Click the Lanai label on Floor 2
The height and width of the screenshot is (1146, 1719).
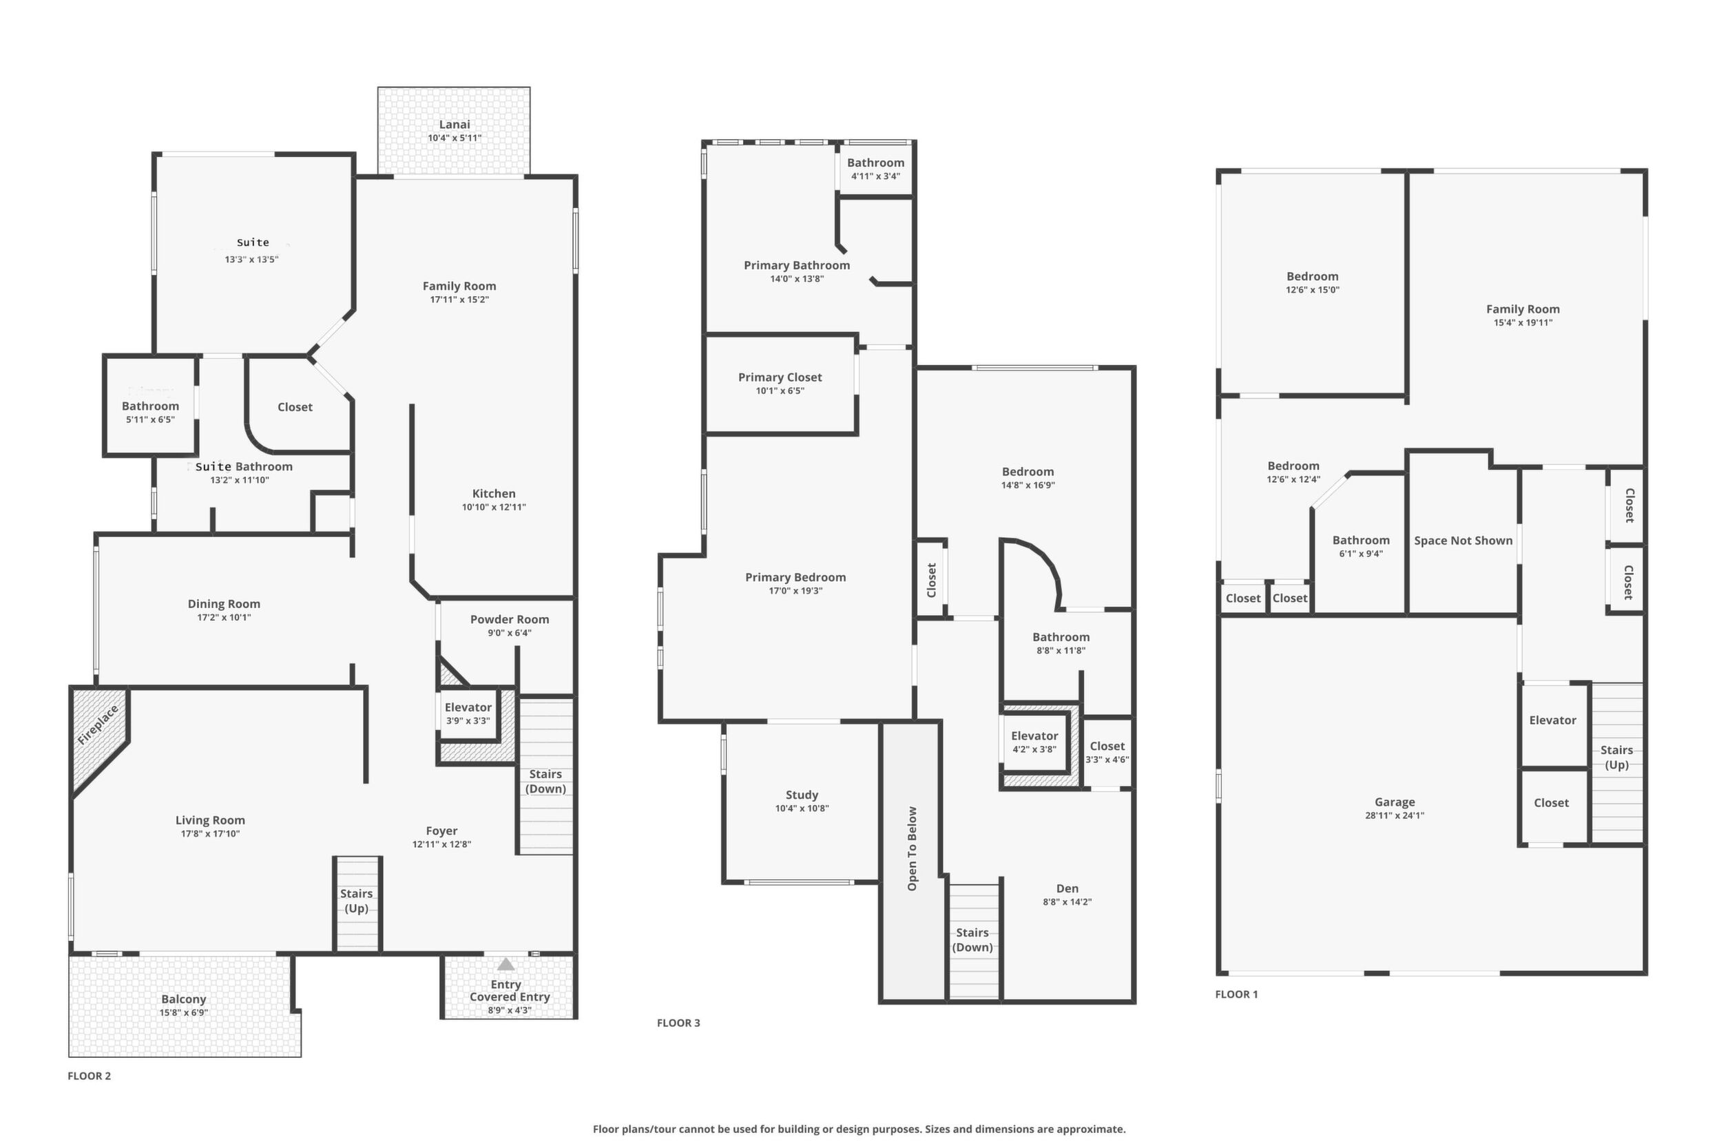coord(454,125)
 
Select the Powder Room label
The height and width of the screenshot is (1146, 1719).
coord(510,619)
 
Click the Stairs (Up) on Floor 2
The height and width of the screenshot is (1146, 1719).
coord(357,904)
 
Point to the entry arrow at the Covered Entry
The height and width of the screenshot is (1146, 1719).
coord(506,964)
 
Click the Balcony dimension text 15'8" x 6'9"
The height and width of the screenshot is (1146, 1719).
coord(183,1012)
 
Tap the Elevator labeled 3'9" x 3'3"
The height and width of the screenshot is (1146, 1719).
coord(468,713)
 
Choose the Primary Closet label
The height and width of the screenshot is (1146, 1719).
coord(780,377)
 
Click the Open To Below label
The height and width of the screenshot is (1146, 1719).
coord(912,848)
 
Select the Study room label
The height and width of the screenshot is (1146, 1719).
coord(802,795)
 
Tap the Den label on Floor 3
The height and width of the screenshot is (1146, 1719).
coord(1067,888)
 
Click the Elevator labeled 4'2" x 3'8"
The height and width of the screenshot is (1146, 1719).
coord(1034,742)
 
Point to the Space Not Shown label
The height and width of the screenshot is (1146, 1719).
coord(1463,540)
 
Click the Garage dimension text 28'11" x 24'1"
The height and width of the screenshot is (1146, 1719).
coord(1395,815)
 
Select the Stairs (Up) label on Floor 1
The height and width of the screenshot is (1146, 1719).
coord(1616,757)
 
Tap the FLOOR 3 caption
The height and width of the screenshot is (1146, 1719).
coord(678,1023)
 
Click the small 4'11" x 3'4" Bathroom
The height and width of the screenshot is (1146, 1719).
coord(875,169)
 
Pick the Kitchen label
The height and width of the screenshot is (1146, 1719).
coord(493,493)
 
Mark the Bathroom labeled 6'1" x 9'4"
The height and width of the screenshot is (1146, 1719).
coord(1360,545)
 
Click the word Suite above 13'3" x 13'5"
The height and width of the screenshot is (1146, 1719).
coord(253,242)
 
